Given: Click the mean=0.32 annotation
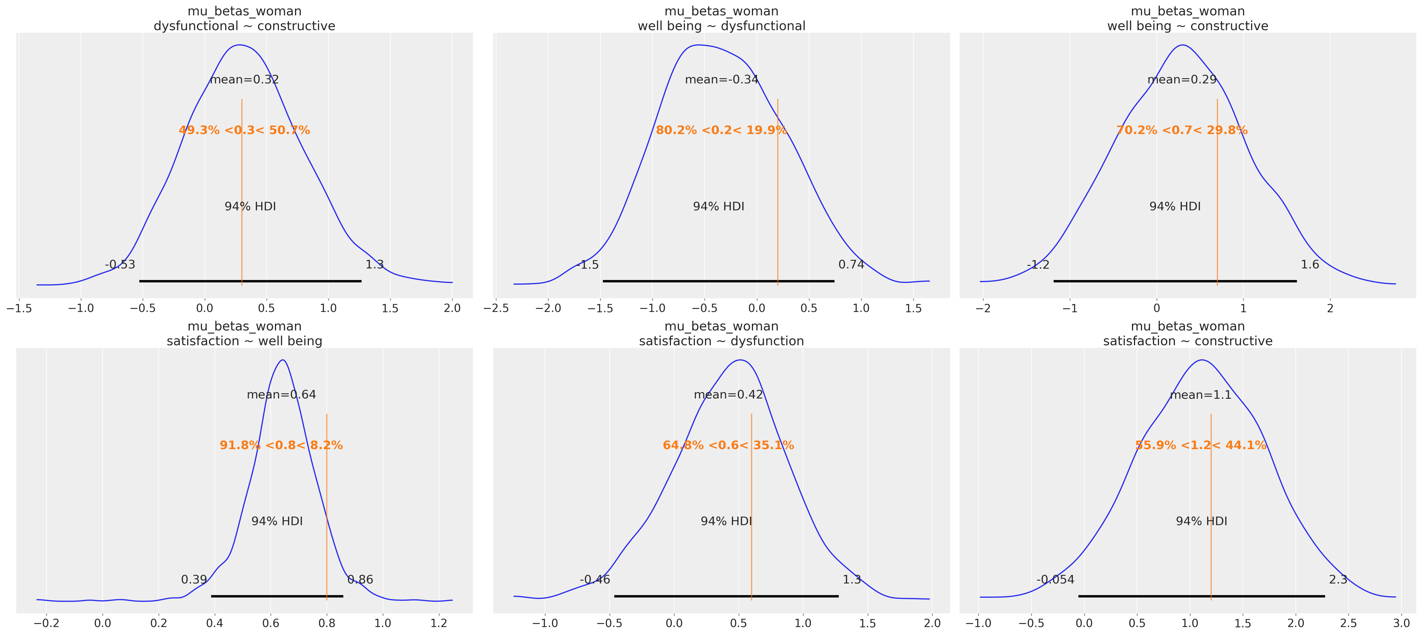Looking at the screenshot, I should click(244, 79).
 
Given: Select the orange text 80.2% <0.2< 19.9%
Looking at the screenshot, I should click(721, 130).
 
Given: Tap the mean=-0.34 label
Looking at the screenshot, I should click(721, 79).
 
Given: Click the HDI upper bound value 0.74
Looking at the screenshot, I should click(851, 264).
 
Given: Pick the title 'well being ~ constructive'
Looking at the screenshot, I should click(1188, 26).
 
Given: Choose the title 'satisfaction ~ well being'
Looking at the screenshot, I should click(244, 341).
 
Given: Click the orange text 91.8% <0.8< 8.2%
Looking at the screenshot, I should click(281, 445).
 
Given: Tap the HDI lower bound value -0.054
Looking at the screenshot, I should click(1055, 579).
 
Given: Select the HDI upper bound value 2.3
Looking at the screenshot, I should click(1338, 579).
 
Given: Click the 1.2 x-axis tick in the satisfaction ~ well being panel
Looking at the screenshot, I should click(439, 623).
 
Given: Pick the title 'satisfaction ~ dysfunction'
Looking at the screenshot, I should click(721, 341).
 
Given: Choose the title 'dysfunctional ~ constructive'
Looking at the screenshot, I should click(244, 26).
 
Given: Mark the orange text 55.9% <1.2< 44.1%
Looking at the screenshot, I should click(1201, 445).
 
